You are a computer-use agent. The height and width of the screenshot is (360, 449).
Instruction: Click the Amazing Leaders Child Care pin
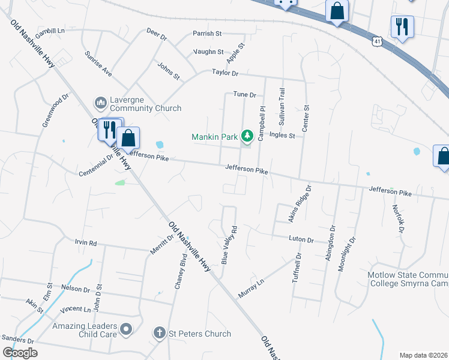(126, 328)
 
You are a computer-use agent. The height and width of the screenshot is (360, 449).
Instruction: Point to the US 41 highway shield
(376, 41)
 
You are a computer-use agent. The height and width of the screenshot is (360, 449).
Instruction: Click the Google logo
(20, 352)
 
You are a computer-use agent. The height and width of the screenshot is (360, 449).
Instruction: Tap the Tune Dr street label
(244, 95)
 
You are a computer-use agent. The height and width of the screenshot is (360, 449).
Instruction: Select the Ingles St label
(282, 136)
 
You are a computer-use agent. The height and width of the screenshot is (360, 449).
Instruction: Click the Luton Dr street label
(301, 239)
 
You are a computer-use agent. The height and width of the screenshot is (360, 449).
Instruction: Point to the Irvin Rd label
(85, 243)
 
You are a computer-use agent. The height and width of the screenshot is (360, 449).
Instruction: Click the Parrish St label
(207, 34)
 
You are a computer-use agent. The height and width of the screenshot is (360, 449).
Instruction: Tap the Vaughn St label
(208, 52)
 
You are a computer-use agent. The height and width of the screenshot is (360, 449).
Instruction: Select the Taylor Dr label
(225, 73)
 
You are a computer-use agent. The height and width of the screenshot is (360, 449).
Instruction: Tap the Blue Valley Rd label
(230, 245)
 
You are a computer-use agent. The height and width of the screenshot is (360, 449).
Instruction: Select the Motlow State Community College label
(408, 279)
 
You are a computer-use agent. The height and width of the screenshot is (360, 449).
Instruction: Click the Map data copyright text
(423, 355)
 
